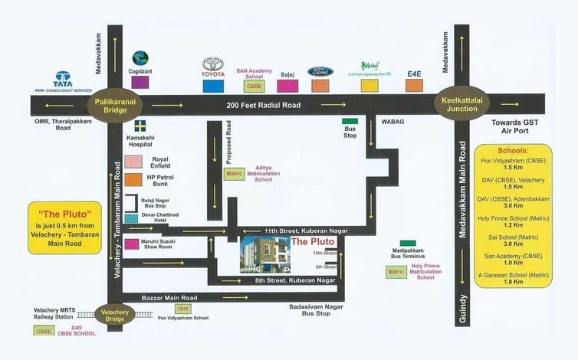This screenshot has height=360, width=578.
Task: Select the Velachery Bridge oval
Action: (116, 313)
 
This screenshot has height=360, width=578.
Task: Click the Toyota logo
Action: (213, 65)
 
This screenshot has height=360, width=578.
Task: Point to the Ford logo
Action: (320, 71)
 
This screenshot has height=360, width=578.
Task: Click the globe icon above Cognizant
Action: (140, 58)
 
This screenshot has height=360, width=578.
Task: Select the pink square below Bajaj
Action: (287, 85)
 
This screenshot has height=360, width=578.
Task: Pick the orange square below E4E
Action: (414, 85)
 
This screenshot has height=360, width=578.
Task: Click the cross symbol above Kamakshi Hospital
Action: (140, 125)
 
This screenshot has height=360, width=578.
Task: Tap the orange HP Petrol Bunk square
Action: (135, 180)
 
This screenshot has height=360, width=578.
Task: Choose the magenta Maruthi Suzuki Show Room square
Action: (132, 244)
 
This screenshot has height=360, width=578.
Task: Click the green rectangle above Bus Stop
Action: (350, 121)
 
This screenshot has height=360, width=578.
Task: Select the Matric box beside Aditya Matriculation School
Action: (234, 174)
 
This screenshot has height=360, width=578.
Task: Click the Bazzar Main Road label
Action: (170, 297)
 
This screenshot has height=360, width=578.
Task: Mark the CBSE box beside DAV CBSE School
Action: (43, 331)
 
